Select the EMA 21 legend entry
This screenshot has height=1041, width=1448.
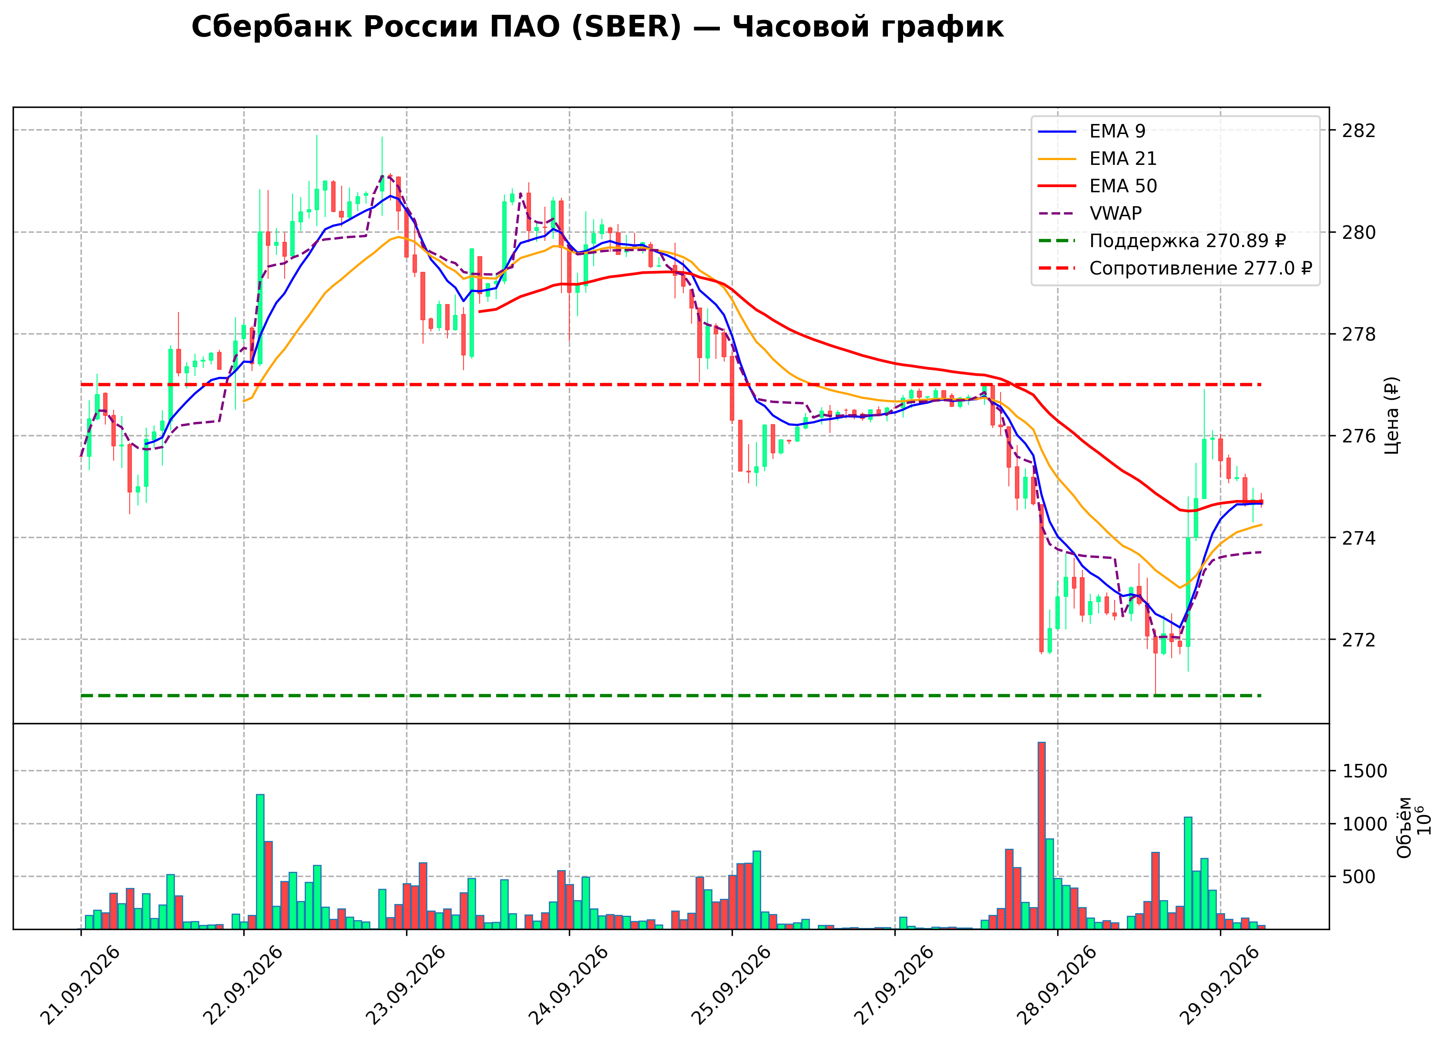pos(1098,159)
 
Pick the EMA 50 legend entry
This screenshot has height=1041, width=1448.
pos(1098,186)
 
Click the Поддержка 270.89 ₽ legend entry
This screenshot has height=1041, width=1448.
pos(1162,241)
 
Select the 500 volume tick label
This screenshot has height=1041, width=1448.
pos(1359,877)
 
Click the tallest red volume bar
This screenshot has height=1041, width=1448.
pos(1041,836)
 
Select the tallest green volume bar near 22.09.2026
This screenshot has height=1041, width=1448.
pos(260,862)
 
